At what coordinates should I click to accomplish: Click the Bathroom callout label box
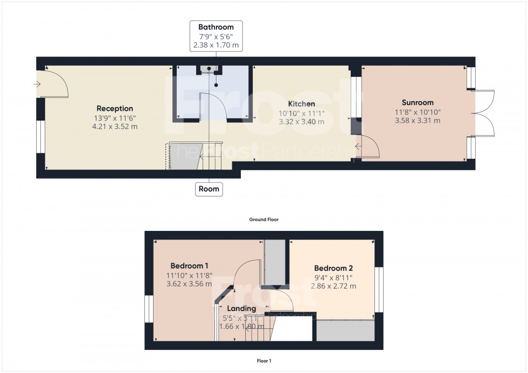[216, 36]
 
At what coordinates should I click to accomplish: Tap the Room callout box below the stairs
[209, 189]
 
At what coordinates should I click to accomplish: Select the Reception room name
[115, 109]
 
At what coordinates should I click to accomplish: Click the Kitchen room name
[301, 104]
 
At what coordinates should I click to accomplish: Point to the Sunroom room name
[418, 103]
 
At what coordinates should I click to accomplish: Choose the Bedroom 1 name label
[189, 266]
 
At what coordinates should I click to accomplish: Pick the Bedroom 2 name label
[334, 268]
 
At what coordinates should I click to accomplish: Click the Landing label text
[241, 308]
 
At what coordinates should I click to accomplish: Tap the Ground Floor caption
[263, 220]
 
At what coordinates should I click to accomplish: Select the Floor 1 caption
[263, 361]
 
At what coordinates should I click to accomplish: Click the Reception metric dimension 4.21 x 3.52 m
[115, 127]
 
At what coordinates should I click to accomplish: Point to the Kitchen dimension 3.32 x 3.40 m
[301, 122]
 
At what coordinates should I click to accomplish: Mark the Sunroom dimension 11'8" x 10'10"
[418, 112]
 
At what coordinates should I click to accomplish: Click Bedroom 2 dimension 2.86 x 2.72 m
[334, 286]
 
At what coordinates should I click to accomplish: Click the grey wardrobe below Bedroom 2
[345, 330]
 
